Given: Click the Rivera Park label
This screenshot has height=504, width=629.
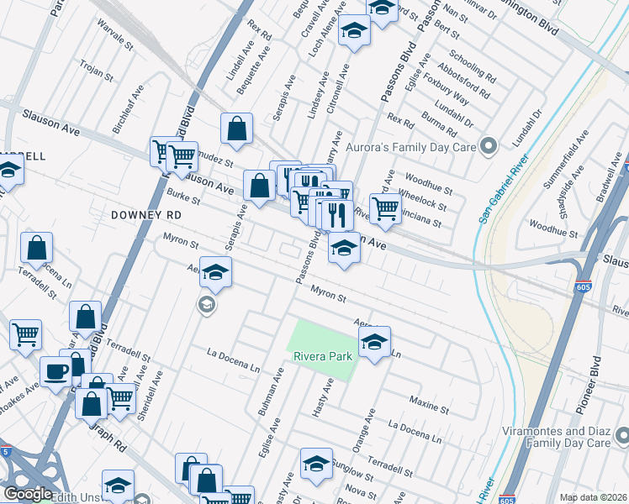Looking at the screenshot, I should coord(322,356).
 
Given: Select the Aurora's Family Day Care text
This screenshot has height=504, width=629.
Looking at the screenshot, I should coord(411,147).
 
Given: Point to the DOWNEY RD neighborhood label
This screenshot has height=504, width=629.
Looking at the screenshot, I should coord(146,215).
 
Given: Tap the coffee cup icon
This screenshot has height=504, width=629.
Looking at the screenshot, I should coord(57,370).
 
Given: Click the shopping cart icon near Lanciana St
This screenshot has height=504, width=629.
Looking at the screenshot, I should coord(385,207).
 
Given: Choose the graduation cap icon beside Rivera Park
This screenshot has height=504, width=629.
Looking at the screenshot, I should coord(374,340).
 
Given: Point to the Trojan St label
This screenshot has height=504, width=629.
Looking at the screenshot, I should coord(97,71).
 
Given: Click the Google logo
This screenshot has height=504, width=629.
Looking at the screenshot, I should coord(27,494).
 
